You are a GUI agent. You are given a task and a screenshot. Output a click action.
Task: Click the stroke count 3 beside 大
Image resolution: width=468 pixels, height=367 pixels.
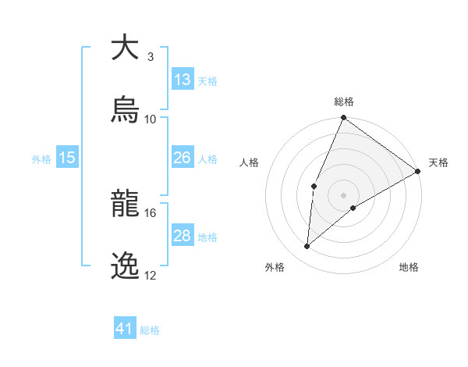click(x=150, y=57)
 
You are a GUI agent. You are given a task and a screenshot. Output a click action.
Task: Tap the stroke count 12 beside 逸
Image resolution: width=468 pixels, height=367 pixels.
click(x=151, y=275)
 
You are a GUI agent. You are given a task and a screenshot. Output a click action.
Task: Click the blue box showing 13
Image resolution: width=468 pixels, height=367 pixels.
click(x=183, y=79)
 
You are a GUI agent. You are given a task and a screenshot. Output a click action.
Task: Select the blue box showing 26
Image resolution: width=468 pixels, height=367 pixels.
click(x=183, y=158)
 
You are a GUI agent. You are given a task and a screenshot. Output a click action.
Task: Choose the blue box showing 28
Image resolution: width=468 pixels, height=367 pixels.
click(x=183, y=235)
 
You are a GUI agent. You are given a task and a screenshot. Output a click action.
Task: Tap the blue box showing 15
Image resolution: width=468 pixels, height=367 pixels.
click(x=67, y=158)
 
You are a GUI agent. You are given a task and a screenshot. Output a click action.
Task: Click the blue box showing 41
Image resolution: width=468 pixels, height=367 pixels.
click(x=125, y=329)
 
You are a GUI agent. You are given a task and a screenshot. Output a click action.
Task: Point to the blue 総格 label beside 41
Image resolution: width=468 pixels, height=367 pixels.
click(x=150, y=330)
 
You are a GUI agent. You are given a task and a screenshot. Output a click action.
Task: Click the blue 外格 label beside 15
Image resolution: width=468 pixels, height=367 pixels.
click(x=41, y=159)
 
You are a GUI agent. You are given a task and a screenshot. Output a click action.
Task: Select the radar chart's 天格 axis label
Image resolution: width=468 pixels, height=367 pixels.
click(x=438, y=162)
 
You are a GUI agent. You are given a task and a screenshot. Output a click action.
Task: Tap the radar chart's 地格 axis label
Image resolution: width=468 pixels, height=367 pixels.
click(x=409, y=267)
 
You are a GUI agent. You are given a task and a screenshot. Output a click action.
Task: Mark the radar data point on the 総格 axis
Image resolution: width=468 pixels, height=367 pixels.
click(x=343, y=119)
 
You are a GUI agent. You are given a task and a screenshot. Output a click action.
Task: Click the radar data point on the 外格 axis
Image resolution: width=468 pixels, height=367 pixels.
click(x=307, y=246)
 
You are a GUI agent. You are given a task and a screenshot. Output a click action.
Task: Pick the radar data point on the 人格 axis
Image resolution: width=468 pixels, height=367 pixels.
click(x=314, y=186)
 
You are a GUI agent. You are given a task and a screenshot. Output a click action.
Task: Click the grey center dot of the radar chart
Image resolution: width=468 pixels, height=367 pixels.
click(x=343, y=195)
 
